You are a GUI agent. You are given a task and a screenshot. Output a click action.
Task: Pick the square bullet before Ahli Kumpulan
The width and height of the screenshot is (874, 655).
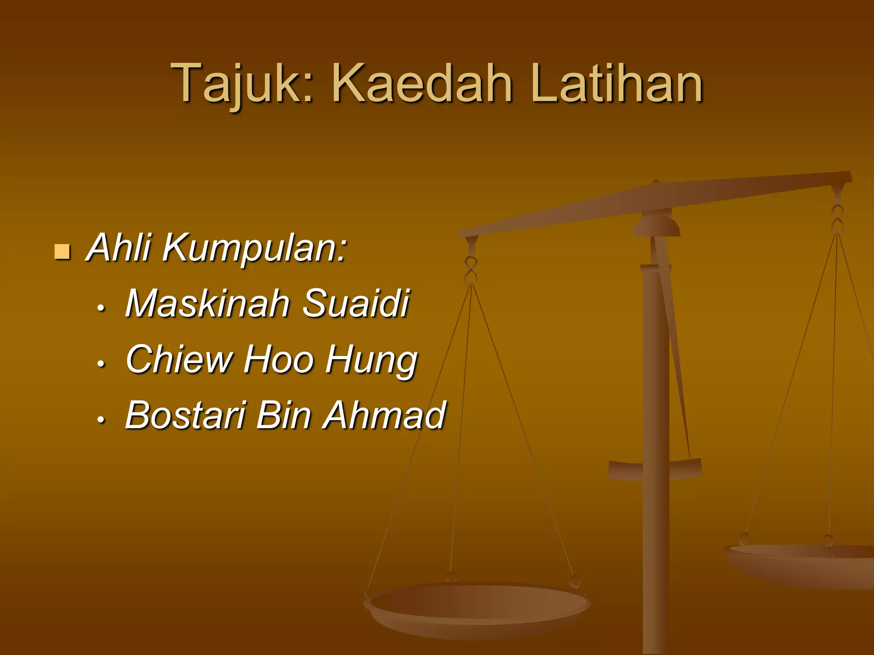pyautogui.click(x=62, y=252)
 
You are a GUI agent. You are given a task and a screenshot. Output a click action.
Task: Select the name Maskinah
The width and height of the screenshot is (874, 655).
pyautogui.click(x=207, y=303)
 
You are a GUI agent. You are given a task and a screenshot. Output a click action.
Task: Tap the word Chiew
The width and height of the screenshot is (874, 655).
pyautogui.click(x=179, y=359)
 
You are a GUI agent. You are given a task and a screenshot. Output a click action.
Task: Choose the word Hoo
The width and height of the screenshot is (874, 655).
pyautogui.click(x=279, y=359)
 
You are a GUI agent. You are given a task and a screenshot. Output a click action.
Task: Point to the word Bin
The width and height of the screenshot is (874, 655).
pyautogui.click(x=284, y=415)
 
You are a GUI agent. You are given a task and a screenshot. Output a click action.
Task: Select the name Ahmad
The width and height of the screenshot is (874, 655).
pyautogui.click(x=384, y=415)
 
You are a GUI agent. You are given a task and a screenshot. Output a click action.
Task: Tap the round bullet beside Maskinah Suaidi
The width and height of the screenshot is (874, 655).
pyautogui.click(x=101, y=308)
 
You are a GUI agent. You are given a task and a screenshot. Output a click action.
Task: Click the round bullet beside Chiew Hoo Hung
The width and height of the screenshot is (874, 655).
pyautogui.click(x=101, y=364)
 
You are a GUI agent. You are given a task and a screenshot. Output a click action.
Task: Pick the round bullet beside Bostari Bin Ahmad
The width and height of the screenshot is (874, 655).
pyautogui.click(x=101, y=420)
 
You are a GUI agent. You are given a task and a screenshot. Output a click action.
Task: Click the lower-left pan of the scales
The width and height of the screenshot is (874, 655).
pyautogui.click(x=477, y=606)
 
